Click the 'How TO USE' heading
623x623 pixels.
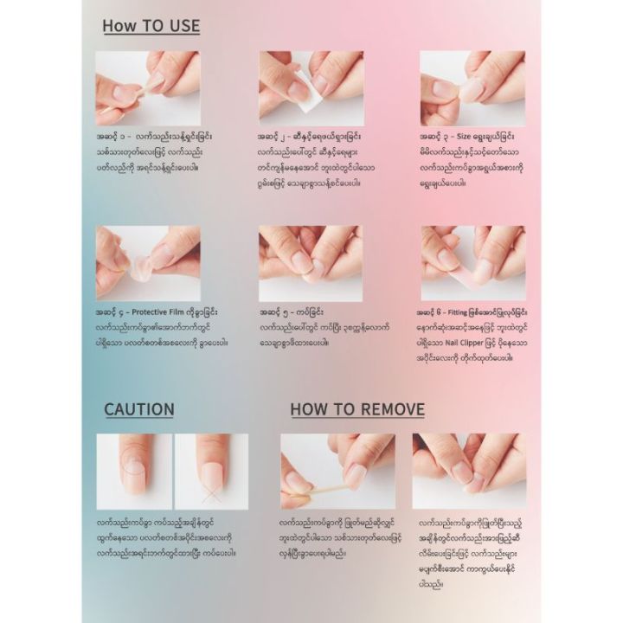(x=151, y=25)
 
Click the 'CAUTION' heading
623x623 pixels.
(x=139, y=409)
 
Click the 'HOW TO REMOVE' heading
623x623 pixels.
(x=357, y=409)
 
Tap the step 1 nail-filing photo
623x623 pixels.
(x=148, y=87)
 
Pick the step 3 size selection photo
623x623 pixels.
(x=472, y=87)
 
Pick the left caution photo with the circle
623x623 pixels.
(x=134, y=471)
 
